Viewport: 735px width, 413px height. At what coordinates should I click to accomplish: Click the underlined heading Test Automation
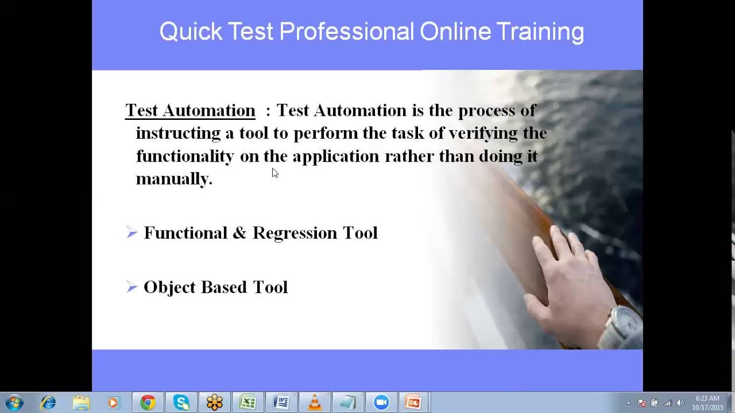click(x=190, y=110)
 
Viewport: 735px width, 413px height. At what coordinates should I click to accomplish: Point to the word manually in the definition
click(x=173, y=179)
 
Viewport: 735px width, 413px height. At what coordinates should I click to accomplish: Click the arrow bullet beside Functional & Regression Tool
click(x=132, y=232)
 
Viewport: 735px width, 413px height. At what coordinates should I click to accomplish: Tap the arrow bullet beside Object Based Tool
click(x=132, y=287)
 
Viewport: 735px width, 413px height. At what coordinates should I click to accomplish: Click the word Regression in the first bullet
click(x=295, y=233)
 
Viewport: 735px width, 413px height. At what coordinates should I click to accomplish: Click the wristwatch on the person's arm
click(x=623, y=324)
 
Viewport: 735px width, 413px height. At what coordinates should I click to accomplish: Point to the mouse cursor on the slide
click(x=274, y=173)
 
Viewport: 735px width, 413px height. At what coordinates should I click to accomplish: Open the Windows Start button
click(x=14, y=403)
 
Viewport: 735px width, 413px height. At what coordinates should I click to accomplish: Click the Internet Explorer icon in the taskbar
click(x=48, y=403)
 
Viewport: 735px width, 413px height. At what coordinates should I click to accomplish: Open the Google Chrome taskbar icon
click(x=148, y=403)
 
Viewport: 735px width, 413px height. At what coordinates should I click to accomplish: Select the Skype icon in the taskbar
click(x=181, y=403)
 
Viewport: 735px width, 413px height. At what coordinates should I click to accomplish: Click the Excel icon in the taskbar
click(x=247, y=403)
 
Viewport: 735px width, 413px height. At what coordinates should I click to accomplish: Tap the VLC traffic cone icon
click(x=315, y=403)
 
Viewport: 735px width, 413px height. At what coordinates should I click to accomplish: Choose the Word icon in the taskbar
click(x=281, y=403)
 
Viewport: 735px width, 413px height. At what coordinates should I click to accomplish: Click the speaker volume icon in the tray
click(x=680, y=403)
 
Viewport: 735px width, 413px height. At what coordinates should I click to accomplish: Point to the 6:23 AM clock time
click(x=707, y=399)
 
